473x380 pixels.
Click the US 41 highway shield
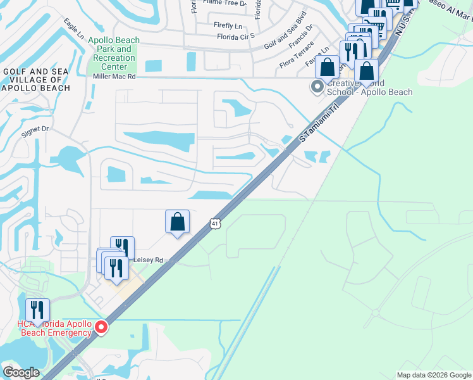[216, 224]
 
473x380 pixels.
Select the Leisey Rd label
[148, 260]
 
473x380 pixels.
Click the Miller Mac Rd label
[114, 76]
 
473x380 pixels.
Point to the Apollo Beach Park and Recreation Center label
[114, 53]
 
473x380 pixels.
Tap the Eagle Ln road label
[73, 28]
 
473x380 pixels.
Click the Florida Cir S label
[235, 35]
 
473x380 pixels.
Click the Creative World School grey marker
[317, 86]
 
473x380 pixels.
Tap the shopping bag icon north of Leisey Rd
[177, 222]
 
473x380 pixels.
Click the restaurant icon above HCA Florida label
[37, 310]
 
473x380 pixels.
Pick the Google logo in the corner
[21, 372]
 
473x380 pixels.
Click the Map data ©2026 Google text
[433, 375]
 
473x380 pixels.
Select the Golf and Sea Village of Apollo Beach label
[37, 80]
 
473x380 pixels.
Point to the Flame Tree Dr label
[224, 3]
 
